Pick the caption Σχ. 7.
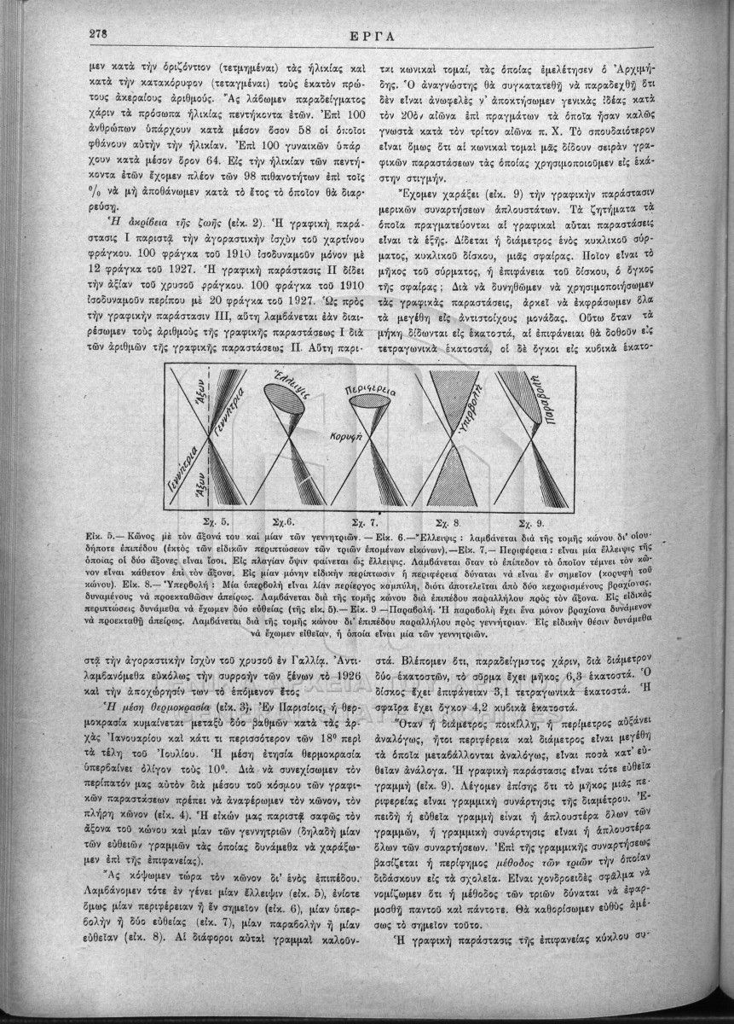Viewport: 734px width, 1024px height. click(x=364, y=520)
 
